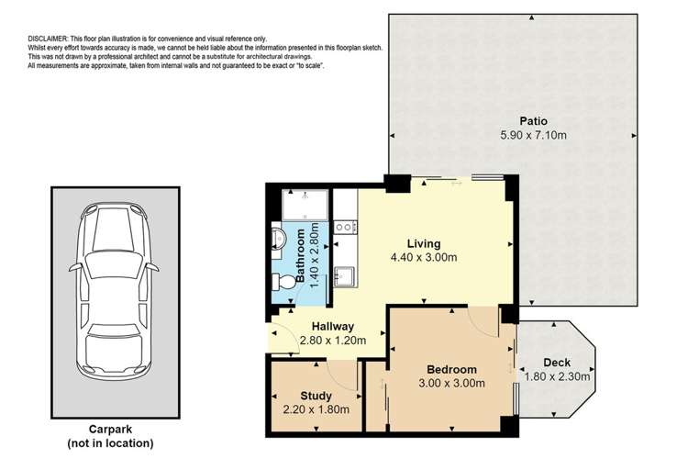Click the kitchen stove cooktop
(345, 226)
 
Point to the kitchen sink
(346, 274)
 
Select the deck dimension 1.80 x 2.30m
(556, 376)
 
